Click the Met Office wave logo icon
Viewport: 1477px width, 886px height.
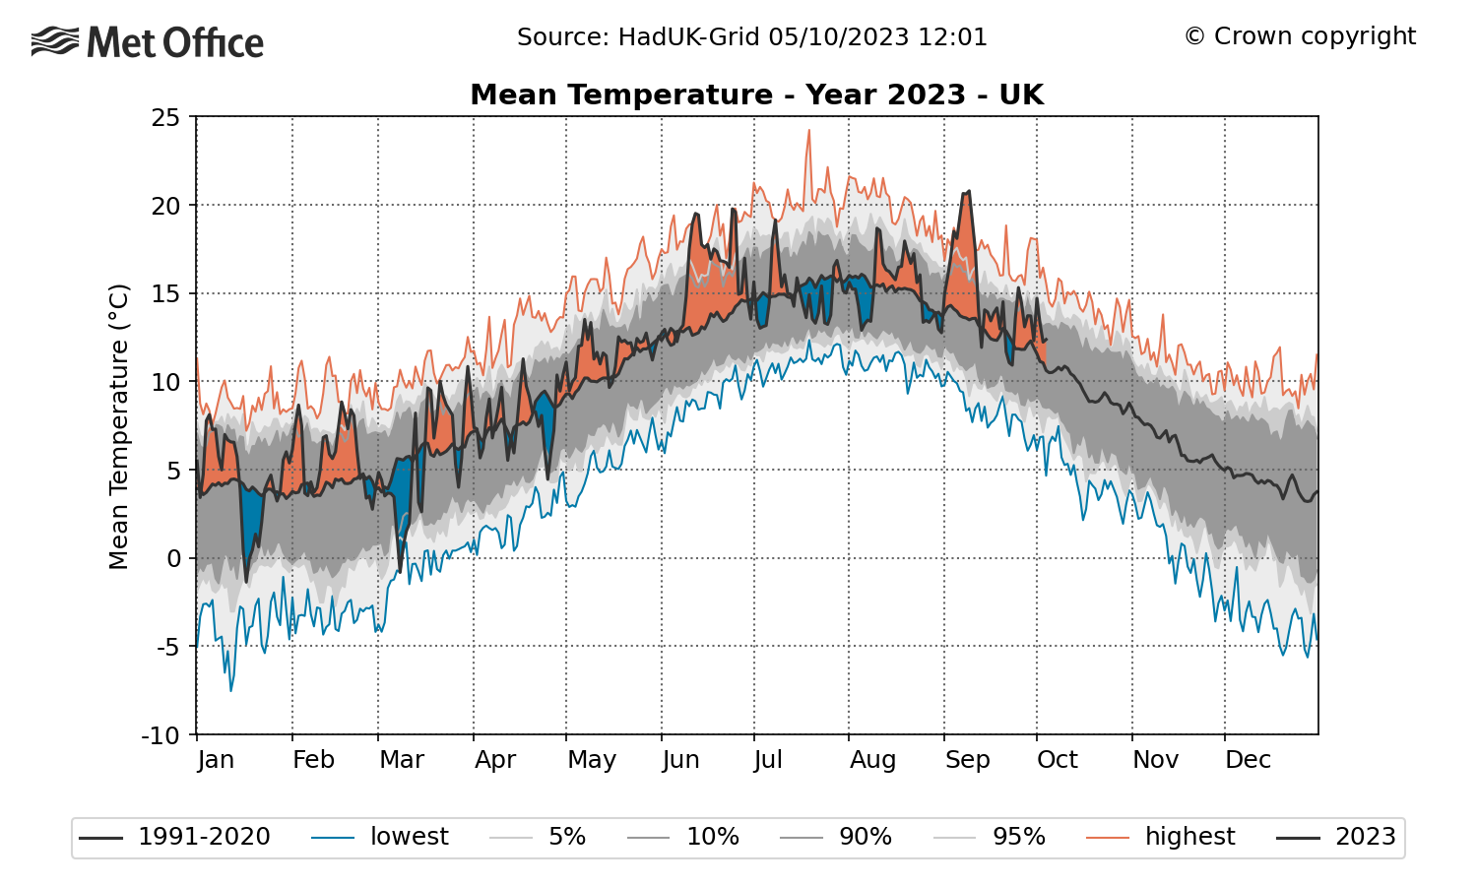[x=55, y=41]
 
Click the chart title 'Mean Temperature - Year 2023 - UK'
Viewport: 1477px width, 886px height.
[x=757, y=95]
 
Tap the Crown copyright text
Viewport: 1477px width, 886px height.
[x=1301, y=36]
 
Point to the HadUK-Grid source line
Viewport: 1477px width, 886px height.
[x=752, y=37]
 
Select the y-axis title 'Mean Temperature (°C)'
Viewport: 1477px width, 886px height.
[x=119, y=426]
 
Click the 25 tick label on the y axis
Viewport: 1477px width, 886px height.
[x=165, y=118]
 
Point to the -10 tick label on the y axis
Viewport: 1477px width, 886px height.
[x=161, y=735]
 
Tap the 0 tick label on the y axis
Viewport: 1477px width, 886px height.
[x=173, y=559]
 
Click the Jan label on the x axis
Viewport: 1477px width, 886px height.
[x=216, y=759]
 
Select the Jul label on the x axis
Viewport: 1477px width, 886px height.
[x=767, y=759]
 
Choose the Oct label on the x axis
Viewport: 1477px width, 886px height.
[x=1057, y=759]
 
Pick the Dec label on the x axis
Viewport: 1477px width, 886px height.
[x=1248, y=759]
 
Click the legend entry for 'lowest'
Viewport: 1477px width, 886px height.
[x=380, y=837]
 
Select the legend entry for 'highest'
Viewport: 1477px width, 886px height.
[x=1161, y=837]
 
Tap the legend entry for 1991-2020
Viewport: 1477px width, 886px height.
[x=174, y=837]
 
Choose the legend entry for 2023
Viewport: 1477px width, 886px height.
[x=1336, y=837]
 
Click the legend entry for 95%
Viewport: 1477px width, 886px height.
[x=989, y=837]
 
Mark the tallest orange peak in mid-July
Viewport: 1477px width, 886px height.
[x=809, y=131]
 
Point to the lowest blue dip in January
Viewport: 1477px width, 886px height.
[x=230, y=690]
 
